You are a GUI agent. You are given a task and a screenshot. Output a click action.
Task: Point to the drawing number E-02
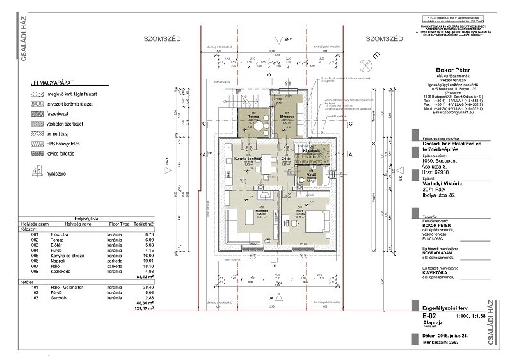tap(420, 317)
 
